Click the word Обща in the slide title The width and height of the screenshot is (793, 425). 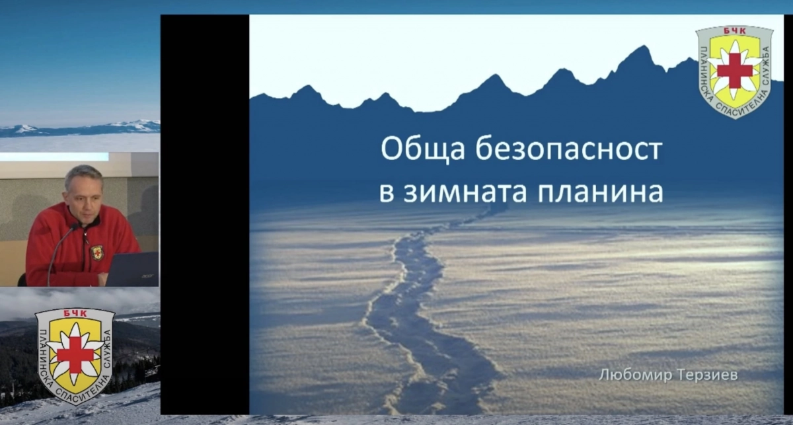pos(423,150)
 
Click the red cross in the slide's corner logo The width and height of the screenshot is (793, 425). pos(735,71)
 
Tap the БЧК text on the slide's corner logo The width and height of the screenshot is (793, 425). pos(734,31)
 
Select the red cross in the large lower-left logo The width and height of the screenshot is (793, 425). pos(75,355)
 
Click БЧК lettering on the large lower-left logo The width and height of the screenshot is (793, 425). pos(75,313)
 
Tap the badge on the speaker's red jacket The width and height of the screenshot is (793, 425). pos(97,253)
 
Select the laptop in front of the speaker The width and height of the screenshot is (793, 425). pos(132,269)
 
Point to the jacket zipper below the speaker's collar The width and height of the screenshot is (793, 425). pos(85,248)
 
